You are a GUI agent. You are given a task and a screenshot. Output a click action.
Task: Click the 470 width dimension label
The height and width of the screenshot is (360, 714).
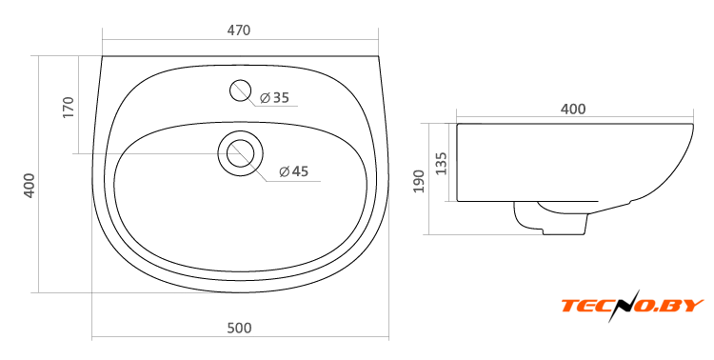tap(239, 30)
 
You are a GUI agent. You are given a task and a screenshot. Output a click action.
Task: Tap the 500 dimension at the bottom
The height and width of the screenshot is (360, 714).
tap(239, 329)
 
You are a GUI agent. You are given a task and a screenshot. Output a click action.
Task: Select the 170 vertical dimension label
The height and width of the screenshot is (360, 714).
tap(68, 107)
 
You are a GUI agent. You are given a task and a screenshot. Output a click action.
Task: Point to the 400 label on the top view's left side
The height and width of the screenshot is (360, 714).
tap(30, 185)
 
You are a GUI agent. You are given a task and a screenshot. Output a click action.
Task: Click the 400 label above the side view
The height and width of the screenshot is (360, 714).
tap(573, 109)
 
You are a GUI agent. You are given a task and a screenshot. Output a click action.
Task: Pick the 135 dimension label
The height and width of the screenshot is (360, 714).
tap(441, 163)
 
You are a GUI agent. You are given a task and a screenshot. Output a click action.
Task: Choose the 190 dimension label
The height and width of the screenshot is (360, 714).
tap(419, 181)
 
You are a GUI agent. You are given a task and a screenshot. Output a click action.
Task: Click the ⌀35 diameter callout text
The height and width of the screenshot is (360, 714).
tap(274, 97)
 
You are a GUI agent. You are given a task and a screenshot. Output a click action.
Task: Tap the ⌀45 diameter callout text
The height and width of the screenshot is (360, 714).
tap(294, 171)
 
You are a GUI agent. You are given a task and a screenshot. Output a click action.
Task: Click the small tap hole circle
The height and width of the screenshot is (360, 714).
tap(241, 90)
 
